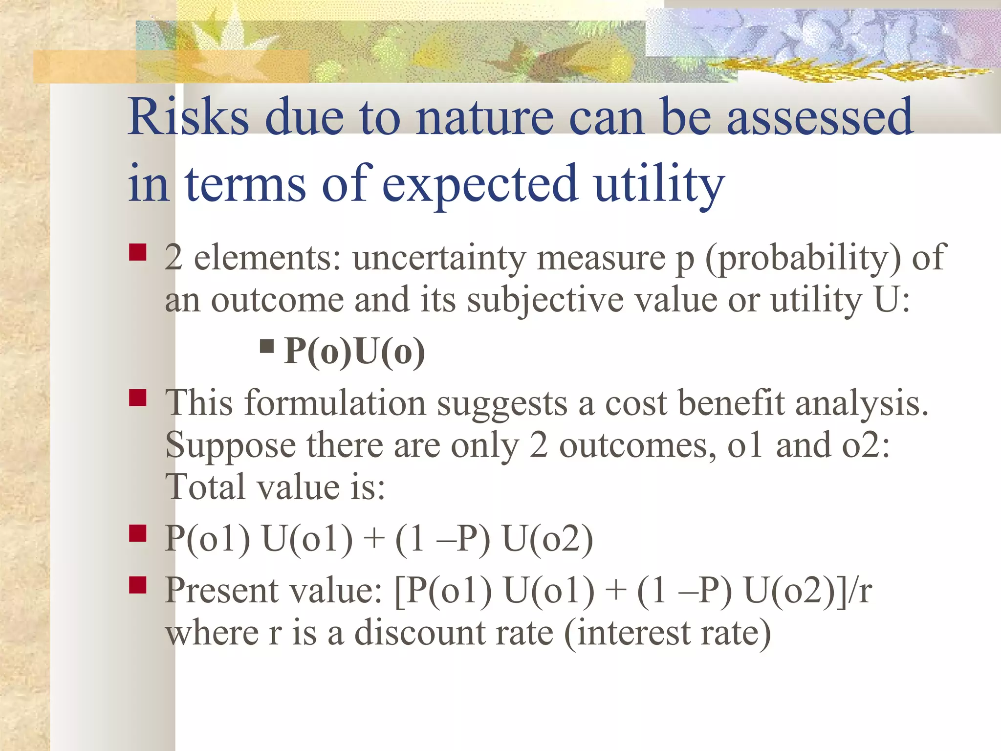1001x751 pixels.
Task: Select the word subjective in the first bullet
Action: pos(545,299)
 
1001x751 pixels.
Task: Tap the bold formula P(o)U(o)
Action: pos(354,351)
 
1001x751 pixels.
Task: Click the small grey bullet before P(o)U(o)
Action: pos(267,347)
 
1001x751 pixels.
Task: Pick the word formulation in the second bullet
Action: pos(335,403)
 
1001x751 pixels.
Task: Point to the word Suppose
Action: pos(230,445)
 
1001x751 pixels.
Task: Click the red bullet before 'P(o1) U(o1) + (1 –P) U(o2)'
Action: pos(138,533)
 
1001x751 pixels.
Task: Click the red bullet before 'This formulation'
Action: pos(138,398)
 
